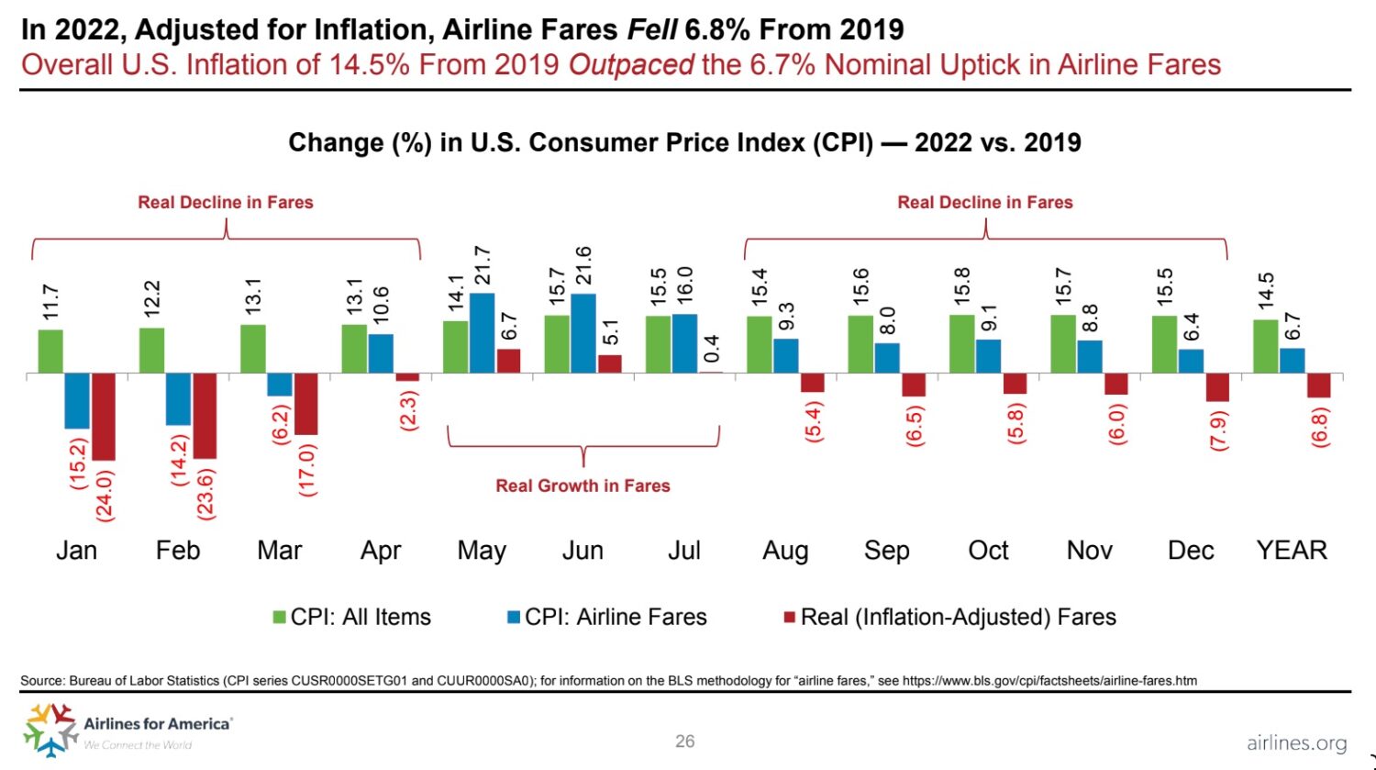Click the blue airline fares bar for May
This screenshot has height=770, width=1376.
point(483,333)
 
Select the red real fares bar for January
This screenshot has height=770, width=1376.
point(104,417)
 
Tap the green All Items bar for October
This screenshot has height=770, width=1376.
point(962,344)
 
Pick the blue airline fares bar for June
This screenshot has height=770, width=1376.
point(583,333)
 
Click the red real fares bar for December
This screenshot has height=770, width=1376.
point(1217,387)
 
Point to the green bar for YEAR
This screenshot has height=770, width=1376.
point(1266,346)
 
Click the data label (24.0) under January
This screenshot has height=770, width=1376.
point(105,496)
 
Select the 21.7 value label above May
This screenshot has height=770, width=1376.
point(483,265)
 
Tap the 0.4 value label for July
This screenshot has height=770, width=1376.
point(711,349)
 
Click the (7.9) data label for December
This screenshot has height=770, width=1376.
point(1218,428)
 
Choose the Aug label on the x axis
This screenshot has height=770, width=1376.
point(785,551)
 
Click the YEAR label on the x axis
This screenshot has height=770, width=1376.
point(1292,551)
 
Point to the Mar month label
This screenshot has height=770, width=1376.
point(279,551)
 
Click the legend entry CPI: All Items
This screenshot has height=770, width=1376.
point(352,618)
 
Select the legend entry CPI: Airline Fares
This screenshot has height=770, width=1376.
point(607,618)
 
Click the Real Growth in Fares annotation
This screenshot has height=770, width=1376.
point(583,486)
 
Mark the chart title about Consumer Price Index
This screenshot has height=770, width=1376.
point(684,143)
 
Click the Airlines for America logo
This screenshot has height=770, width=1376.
point(128,730)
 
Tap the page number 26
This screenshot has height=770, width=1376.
point(685,742)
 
